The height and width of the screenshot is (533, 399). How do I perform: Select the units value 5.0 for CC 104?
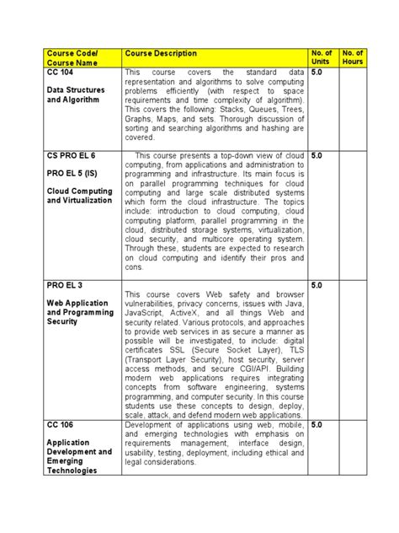[x=317, y=73]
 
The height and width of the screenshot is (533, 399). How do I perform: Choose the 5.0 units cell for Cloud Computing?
[x=317, y=157]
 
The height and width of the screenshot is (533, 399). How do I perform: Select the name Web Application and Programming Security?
[x=78, y=312]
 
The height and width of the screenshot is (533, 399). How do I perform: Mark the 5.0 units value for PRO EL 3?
[x=317, y=285]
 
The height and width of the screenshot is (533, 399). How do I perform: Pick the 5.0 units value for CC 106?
[x=317, y=425]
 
